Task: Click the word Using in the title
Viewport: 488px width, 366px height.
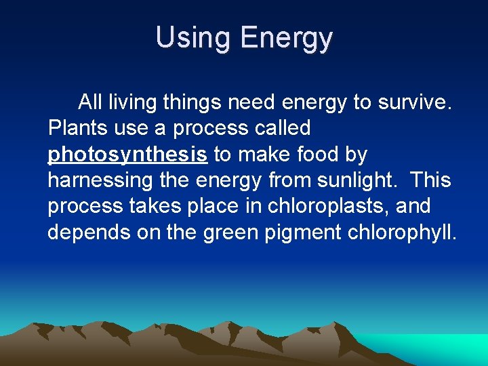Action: (x=192, y=37)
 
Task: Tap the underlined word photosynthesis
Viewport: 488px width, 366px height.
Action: (x=127, y=155)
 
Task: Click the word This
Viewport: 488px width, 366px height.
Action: (x=430, y=180)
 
